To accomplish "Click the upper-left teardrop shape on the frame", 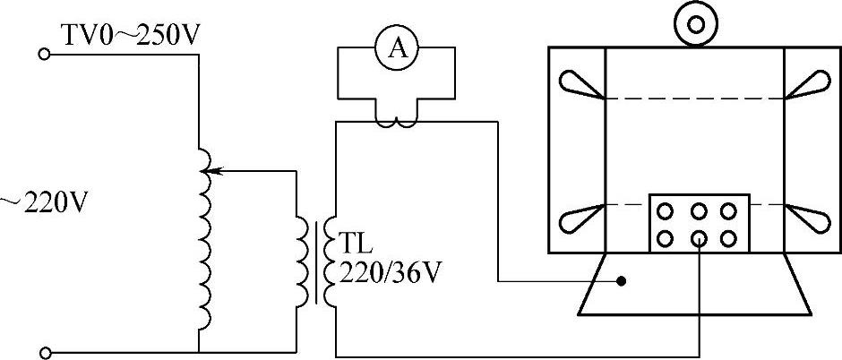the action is pyautogui.click(x=580, y=84).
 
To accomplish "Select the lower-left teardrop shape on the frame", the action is pyautogui.click(x=580, y=218).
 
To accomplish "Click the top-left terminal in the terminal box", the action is pyautogui.click(x=666, y=212).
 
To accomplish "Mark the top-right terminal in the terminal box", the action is pyautogui.click(x=729, y=212).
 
